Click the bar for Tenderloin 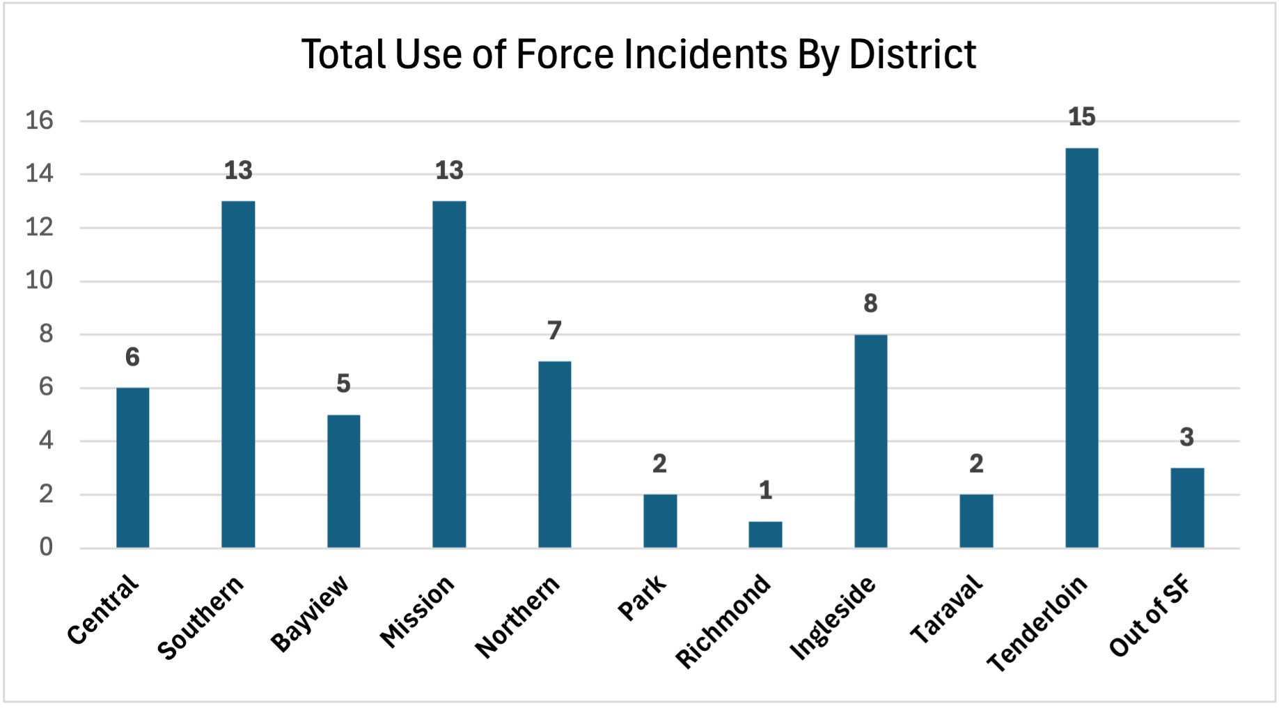click(1081, 348)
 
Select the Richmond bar click(765, 535)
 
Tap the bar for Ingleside click(870, 441)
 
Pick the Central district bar click(132, 468)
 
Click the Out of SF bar click(1186, 508)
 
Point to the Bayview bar click(343, 481)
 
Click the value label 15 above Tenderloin click(1081, 117)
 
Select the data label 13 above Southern click(238, 171)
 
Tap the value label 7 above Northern click(554, 331)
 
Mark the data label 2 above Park click(659, 464)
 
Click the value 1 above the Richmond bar click(765, 491)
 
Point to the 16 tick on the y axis click(39, 121)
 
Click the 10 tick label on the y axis click(39, 281)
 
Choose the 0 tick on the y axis click(46, 547)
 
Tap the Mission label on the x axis click(417, 612)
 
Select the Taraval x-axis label click(946, 608)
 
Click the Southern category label click(201, 617)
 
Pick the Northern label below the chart click(517, 617)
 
